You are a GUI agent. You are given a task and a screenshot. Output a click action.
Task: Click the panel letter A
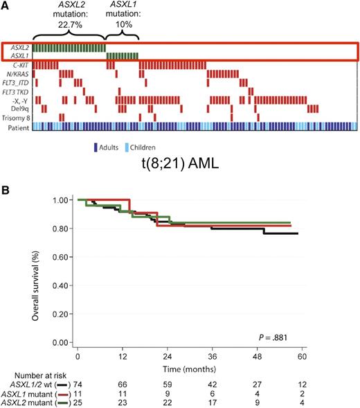[x=6, y=6]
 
